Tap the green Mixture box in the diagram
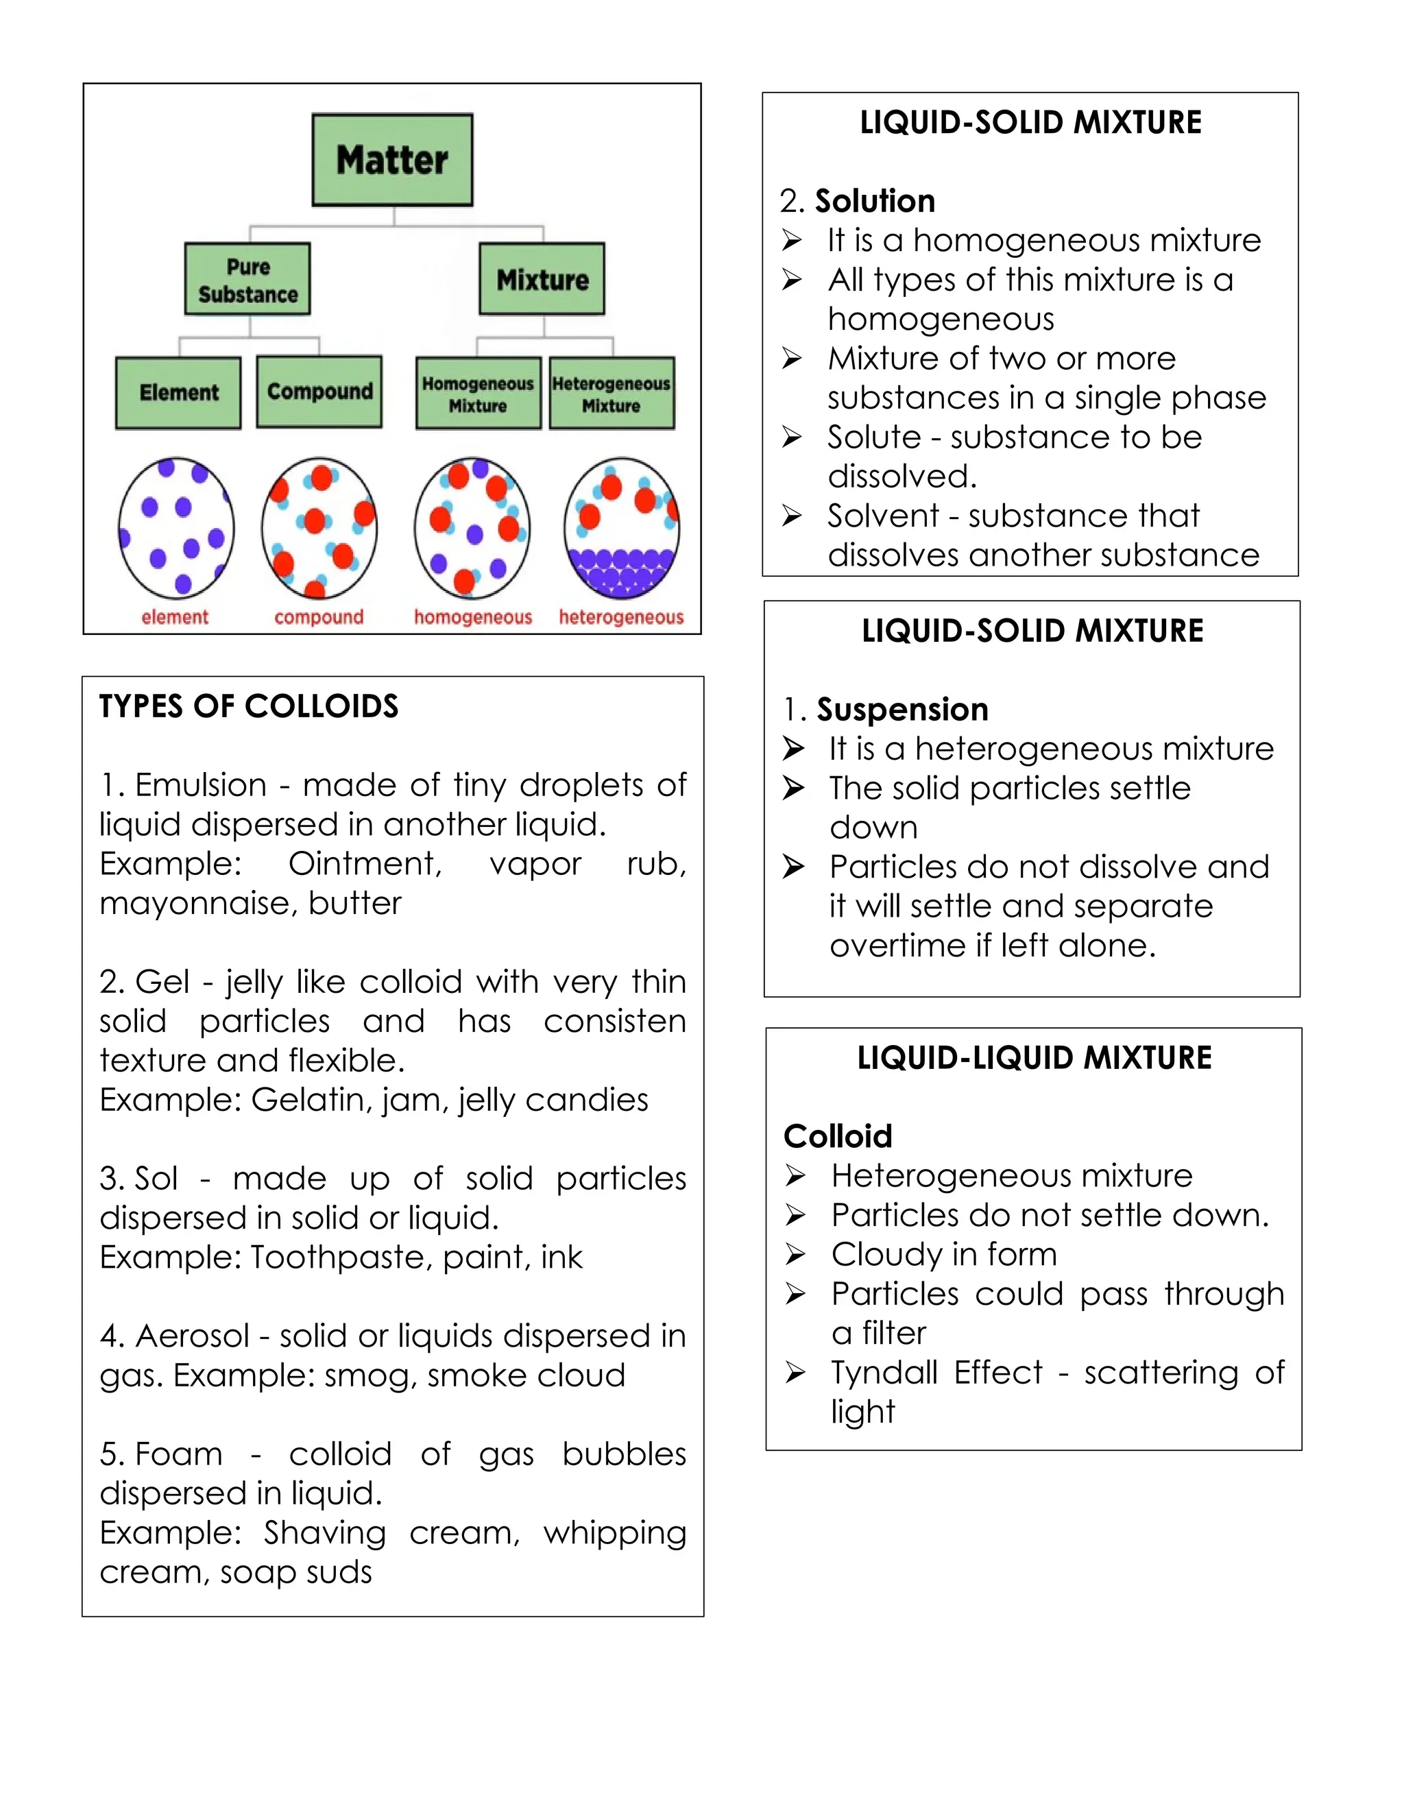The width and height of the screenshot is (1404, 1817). [542, 280]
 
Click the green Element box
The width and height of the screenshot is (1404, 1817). [178, 393]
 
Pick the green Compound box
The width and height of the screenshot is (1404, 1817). [319, 392]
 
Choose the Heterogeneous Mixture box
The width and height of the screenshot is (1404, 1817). [612, 394]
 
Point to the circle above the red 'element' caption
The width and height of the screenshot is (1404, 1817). [176, 527]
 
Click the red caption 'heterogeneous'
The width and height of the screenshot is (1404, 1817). [620, 617]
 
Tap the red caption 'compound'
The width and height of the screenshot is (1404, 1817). [319, 617]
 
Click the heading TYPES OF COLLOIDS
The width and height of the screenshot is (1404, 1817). [249, 706]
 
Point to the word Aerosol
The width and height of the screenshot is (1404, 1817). [192, 1336]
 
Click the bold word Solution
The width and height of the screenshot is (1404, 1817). [875, 202]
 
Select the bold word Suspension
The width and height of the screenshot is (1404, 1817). [902, 710]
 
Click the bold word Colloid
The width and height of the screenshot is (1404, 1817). [838, 1136]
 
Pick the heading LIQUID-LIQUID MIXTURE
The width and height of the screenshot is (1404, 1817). [1034, 1058]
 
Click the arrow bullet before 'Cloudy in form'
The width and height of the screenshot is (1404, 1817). [795, 1255]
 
